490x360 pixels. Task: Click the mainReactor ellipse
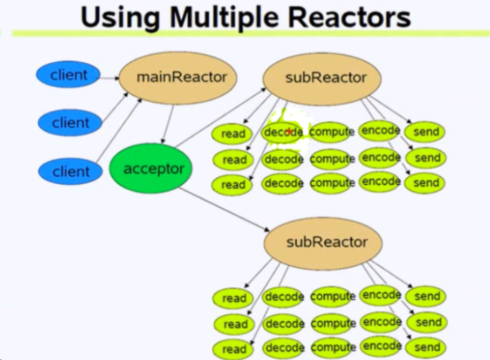(x=177, y=77)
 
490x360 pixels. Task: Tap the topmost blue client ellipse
(x=68, y=75)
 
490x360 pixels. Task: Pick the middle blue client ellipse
(x=70, y=122)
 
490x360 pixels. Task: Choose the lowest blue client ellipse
(x=70, y=171)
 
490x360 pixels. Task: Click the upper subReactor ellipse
(x=322, y=77)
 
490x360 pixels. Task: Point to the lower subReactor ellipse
(x=323, y=242)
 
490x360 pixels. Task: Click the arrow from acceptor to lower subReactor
(x=224, y=210)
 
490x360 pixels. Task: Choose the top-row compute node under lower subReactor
(x=332, y=297)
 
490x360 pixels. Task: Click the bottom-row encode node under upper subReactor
(x=381, y=182)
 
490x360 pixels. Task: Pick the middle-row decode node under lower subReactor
(x=283, y=324)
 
